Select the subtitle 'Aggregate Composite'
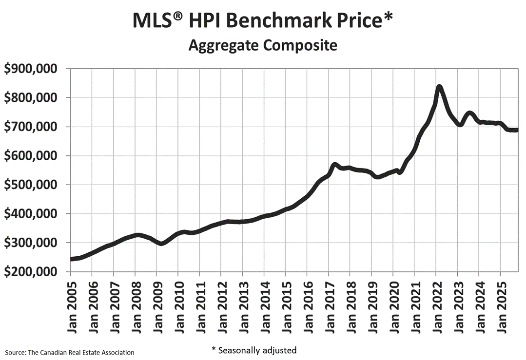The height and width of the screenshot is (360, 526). coord(263,45)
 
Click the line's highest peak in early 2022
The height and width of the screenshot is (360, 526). coord(439,87)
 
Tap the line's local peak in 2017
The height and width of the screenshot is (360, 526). coord(334,165)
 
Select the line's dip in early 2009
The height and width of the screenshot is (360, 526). coord(161,243)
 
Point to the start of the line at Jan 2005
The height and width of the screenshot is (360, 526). coord(71,259)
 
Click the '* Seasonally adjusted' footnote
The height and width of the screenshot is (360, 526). coord(253,350)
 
